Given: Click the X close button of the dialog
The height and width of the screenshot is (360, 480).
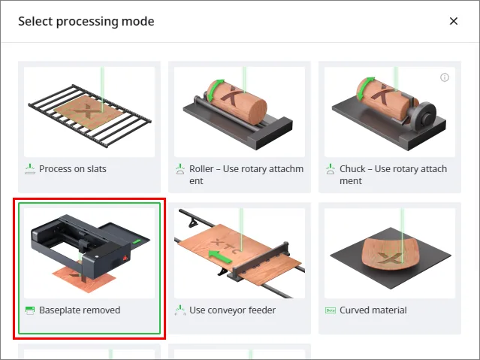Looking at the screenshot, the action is (454, 21).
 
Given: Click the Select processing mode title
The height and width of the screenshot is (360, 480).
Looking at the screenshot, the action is (86, 22).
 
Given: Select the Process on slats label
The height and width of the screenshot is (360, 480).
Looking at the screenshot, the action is (73, 169).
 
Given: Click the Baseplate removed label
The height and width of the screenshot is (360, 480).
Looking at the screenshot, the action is (80, 310).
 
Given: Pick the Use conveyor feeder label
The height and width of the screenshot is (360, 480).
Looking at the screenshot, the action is (232, 310).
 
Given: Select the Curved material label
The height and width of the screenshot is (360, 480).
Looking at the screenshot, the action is (373, 310).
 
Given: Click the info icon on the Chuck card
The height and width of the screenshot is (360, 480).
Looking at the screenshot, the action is (445, 77).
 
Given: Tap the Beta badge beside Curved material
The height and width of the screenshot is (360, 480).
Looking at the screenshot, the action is (331, 310).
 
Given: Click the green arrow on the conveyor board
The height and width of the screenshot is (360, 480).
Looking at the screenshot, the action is (219, 256).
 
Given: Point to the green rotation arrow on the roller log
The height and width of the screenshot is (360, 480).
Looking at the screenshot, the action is (214, 89).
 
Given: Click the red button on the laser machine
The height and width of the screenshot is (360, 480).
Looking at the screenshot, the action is (125, 258).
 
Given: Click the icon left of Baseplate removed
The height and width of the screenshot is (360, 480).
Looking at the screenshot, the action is (30, 310).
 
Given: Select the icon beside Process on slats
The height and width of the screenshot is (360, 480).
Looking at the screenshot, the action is (30, 169).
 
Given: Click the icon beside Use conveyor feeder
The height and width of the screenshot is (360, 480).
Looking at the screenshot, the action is (180, 310).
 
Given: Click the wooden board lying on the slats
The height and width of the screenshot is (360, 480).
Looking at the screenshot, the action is (89, 112).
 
